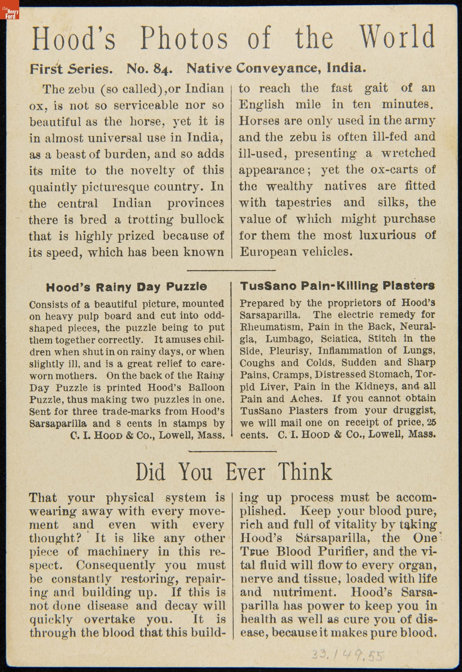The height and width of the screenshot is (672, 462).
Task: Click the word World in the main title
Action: tap(397, 38)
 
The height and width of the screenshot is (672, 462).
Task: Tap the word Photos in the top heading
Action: tap(184, 39)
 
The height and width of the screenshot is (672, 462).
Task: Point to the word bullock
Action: tap(203, 219)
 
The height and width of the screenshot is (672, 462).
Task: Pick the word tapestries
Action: tap(303, 202)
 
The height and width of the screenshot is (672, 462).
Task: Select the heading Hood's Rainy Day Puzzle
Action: tap(126, 287)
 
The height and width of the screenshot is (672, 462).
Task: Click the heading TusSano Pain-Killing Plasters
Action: tap(337, 286)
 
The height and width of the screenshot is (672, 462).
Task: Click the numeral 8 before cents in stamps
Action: tap(119, 423)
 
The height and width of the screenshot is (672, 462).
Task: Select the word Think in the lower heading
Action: tap(305, 472)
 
